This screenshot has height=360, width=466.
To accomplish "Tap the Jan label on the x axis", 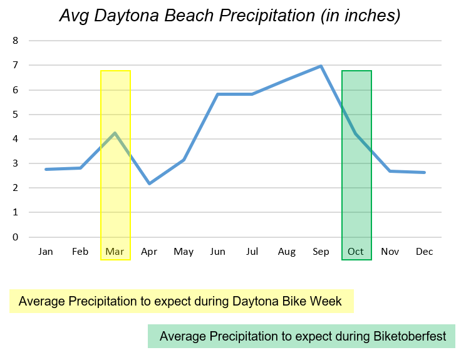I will point(46,252).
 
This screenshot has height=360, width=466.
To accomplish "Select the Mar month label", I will point(115,252).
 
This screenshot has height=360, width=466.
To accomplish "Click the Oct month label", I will point(356,252).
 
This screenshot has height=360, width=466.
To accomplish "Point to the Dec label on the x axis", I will point(425,252).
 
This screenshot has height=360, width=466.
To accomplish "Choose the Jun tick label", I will point(218,252).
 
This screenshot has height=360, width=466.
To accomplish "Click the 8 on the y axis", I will point(16,41).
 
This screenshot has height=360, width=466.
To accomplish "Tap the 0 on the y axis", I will point(16,237).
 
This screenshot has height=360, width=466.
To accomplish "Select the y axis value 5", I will point(16,115).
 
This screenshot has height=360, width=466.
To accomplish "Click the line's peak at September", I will point(321,66).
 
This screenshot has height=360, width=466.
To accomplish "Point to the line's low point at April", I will point(149,183).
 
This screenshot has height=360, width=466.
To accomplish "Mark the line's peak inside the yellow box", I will point(115,133).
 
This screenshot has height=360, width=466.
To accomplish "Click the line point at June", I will point(218,95).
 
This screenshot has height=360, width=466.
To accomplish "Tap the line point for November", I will point(390,171).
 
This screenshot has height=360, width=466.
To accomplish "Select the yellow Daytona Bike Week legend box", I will point(182,301).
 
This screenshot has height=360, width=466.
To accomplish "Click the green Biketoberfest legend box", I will point(301,336).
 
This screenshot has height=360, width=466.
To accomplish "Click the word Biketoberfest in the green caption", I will point(410,336).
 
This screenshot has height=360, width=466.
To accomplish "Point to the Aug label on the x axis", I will point(287,252).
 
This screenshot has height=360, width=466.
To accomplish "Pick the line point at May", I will point(184,160).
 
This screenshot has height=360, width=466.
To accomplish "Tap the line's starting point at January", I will point(46,169).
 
